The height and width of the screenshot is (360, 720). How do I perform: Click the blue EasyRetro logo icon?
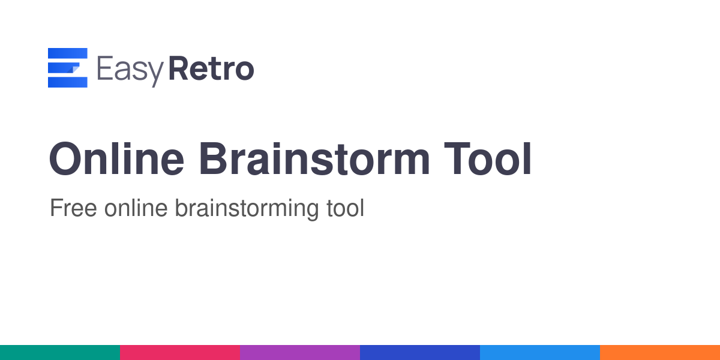[67, 67]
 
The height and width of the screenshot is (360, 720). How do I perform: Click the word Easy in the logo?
[130, 71]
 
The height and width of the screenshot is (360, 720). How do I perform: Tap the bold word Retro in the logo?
[211, 68]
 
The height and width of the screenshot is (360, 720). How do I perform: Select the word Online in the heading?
[116, 159]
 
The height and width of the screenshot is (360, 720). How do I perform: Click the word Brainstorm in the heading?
[314, 159]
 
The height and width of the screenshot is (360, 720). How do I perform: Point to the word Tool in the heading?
[488, 159]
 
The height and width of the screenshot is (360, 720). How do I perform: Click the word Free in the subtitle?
[73, 208]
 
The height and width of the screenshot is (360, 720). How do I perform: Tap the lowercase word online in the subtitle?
[136, 208]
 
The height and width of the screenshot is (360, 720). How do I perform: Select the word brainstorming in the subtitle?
[247, 209]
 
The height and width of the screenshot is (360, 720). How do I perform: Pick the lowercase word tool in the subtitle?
[345, 208]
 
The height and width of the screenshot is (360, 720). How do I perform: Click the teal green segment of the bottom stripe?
[60, 353]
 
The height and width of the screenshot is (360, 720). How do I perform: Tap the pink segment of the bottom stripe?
[180, 353]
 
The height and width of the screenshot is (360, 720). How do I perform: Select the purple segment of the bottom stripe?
[300, 353]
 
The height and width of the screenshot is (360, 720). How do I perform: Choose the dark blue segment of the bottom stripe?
[420, 353]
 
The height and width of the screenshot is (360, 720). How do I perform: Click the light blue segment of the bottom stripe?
[540, 353]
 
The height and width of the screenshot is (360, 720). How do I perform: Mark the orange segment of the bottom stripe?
[660, 353]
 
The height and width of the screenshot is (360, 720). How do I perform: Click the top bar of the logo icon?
[67, 53]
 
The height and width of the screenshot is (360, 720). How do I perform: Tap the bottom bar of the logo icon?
[67, 82]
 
